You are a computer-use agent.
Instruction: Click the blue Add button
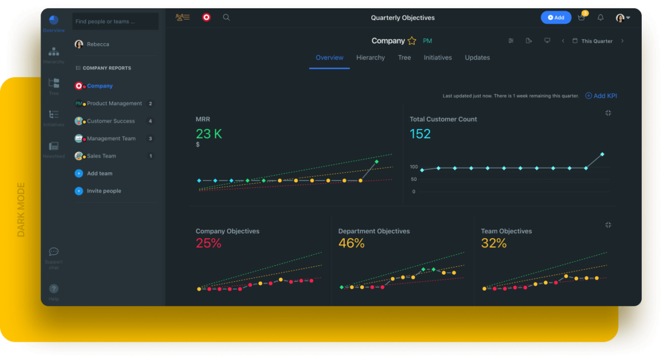(556, 18)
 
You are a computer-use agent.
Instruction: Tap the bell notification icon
(600, 18)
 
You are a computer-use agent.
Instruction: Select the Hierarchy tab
(370, 58)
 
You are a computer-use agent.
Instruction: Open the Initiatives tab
(438, 58)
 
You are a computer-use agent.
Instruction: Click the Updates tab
(477, 58)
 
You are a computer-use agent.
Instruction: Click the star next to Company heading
(412, 41)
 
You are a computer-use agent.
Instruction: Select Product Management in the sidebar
(114, 104)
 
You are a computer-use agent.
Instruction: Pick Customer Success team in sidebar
(111, 121)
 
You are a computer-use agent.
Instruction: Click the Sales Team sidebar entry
(101, 156)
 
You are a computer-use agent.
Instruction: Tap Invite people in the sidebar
(104, 191)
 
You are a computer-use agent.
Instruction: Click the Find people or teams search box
(115, 22)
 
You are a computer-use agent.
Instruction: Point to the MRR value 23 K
(208, 133)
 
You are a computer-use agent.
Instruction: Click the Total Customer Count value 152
(420, 133)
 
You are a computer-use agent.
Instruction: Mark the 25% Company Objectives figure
(208, 243)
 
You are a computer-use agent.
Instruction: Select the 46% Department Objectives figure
(351, 243)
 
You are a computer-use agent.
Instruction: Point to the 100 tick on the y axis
(413, 167)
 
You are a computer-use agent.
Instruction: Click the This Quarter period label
(596, 41)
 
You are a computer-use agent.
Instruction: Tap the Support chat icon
(54, 252)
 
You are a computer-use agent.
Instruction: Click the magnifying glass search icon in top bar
(226, 18)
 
